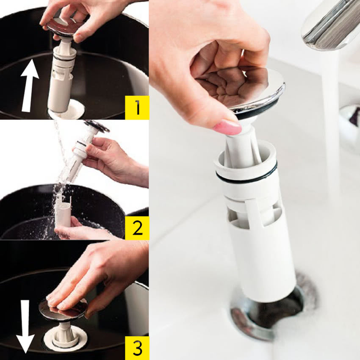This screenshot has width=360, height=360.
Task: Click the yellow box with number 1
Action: pyautogui.click(x=137, y=108)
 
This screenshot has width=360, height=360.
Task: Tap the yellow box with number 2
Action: pyautogui.click(x=137, y=228)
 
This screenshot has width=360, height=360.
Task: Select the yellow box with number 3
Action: pyautogui.click(x=137, y=348)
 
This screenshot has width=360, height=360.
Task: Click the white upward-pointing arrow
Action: pyautogui.click(x=29, y=86)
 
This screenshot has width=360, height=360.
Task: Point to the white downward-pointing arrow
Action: pyautogui.click(x=25, y=327)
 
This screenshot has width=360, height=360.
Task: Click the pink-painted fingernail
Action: pyautogui.click(x=228, y=127)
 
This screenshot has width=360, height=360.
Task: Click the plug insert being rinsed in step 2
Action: pyautogui.click(x=83, y=152)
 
